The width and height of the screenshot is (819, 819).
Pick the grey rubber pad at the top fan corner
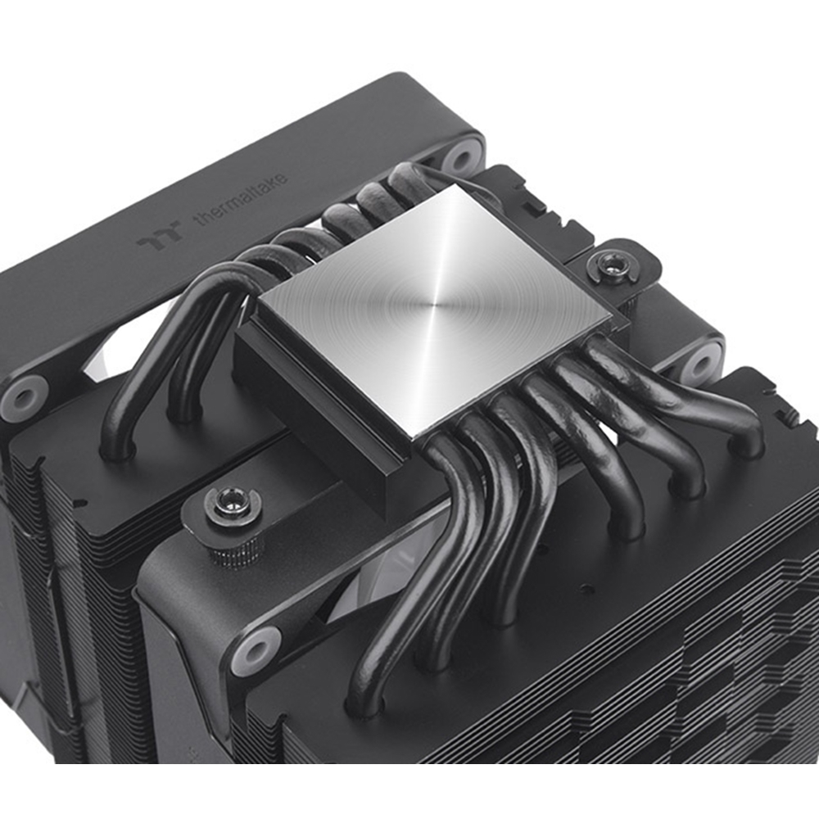tap(464, 156)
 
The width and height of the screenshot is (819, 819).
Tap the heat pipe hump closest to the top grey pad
tap(409, 176)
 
